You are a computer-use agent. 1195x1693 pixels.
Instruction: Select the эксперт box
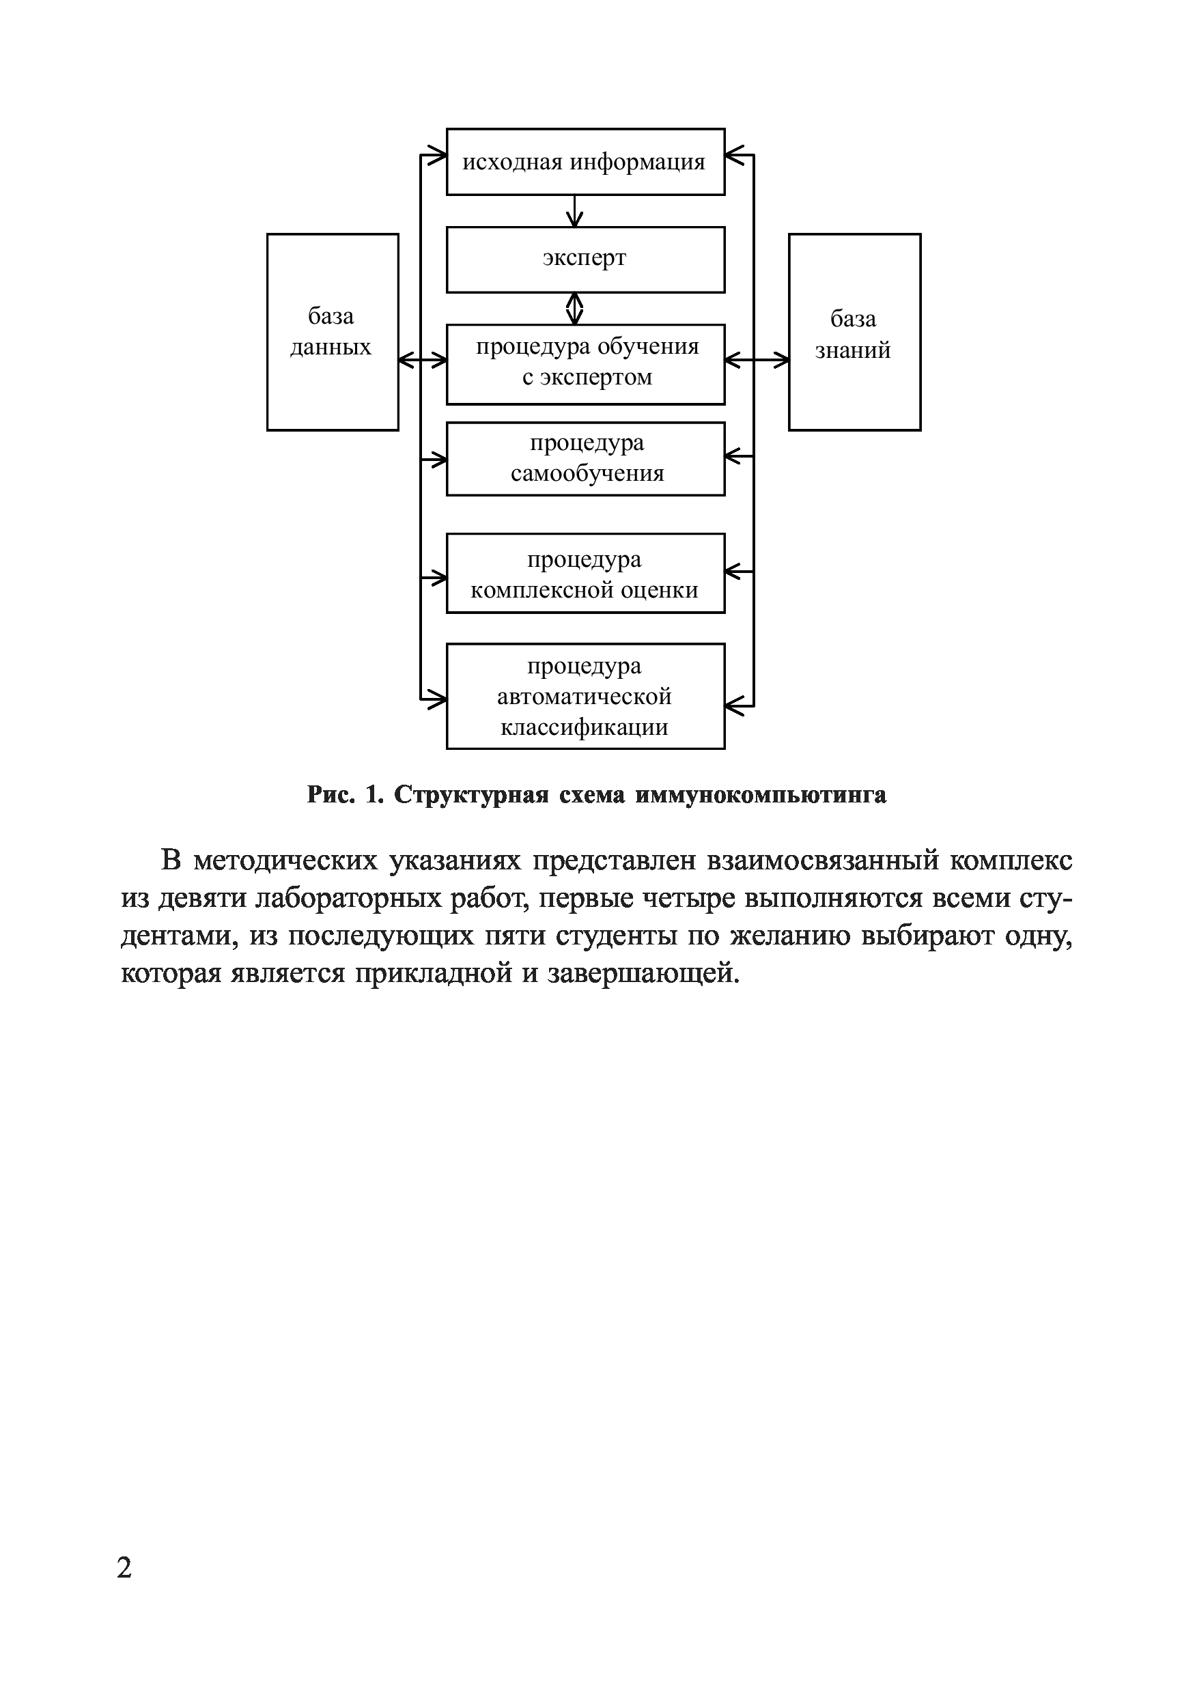coord(585,260)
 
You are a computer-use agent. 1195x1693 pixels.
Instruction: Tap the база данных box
coord(333,332)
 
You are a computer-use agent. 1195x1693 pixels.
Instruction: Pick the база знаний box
coord(854,332)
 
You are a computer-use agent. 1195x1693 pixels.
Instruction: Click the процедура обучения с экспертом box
coord(585,364)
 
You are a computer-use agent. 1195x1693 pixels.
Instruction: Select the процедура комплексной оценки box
coord(585,574)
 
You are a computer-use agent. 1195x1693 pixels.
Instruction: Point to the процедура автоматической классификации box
coord(585,697)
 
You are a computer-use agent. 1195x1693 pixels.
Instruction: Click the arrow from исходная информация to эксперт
coord(574,211)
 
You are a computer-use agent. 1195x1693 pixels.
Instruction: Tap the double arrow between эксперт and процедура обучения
coord(574,308)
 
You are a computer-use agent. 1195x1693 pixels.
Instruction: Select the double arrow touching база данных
coord(423,360)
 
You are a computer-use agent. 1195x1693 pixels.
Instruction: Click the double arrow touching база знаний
coord(757,360)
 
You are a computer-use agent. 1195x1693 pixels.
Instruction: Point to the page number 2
coord(124,1567)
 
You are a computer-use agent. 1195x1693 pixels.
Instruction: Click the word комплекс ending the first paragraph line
coord(1011,861)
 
